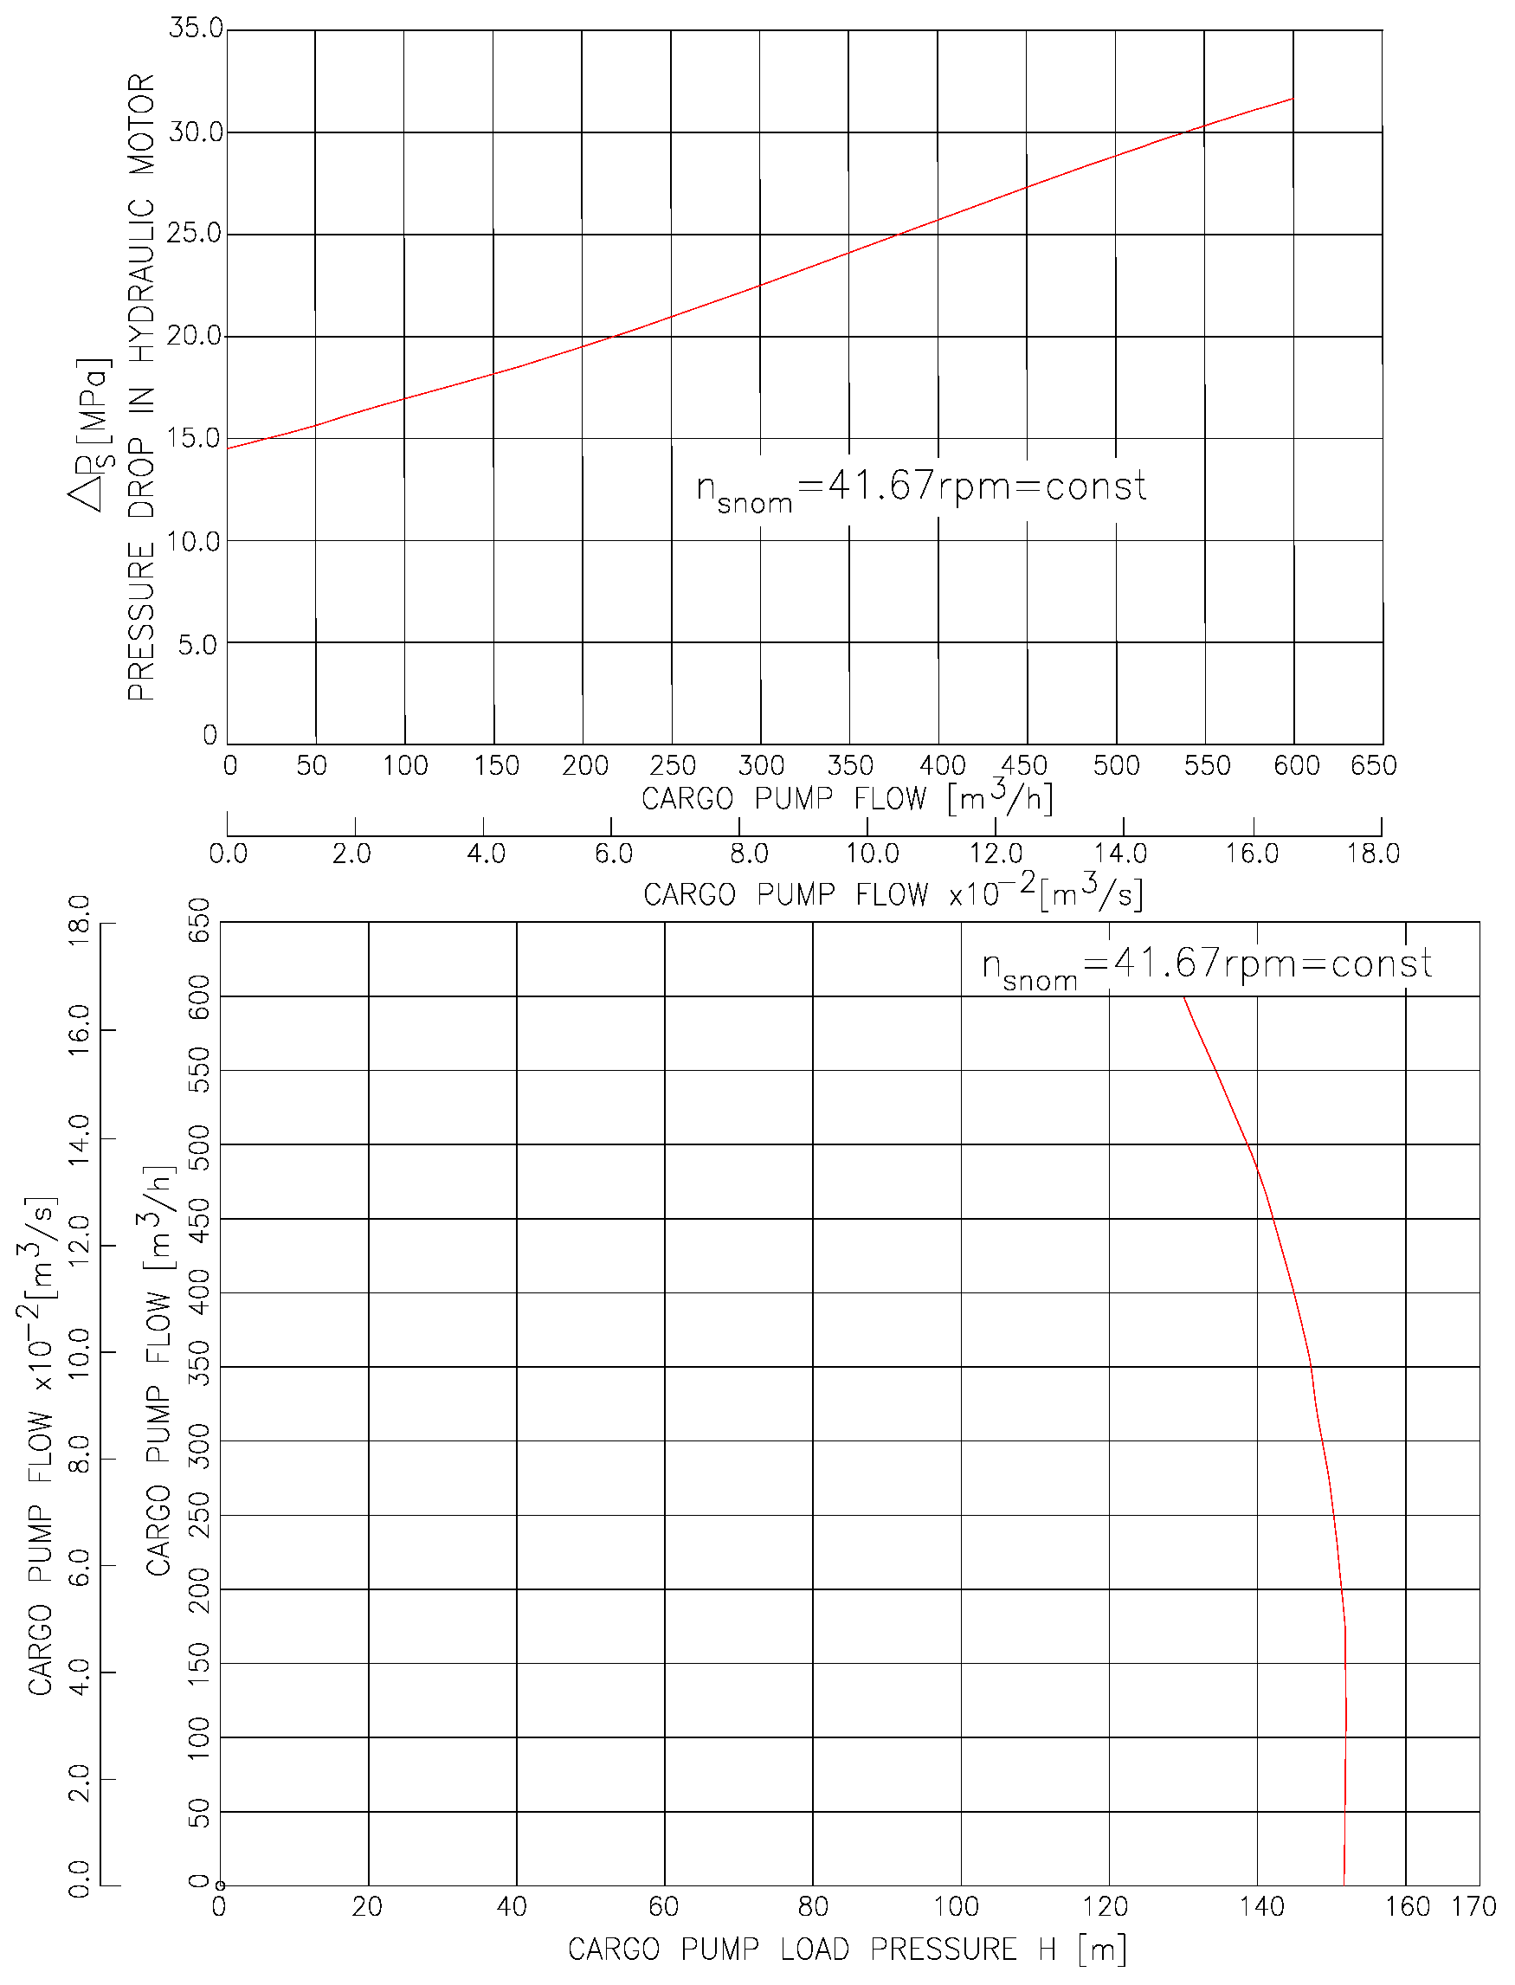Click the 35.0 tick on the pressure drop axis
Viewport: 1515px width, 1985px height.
coord(196,28)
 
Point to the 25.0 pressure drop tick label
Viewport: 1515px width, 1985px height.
coord(195,234)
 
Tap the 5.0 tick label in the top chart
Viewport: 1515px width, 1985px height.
coord(197,645)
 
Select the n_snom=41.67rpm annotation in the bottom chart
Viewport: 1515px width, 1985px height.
coord(1207,967)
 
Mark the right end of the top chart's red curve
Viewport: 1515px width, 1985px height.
coord(1293,99)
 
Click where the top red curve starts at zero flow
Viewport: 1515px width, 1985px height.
coord(229,448)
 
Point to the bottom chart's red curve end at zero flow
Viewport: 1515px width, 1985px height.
coord(1344,1884)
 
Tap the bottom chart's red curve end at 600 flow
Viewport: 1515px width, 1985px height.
coord(1184,997)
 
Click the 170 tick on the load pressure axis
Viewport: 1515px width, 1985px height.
coord(1473,1906)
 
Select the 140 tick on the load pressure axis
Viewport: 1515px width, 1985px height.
coord(1261,1906)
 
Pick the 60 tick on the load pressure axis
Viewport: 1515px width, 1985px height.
coord(664,1906)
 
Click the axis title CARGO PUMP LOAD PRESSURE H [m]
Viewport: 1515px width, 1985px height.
coord(847,1949)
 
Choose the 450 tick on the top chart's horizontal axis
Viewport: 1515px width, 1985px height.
coord(1024,765)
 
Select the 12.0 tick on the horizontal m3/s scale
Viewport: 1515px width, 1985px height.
coord(996,854)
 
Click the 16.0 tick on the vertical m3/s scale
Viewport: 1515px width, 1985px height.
coord(81,1029)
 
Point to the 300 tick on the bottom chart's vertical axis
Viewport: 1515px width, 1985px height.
coord(198,1447)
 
